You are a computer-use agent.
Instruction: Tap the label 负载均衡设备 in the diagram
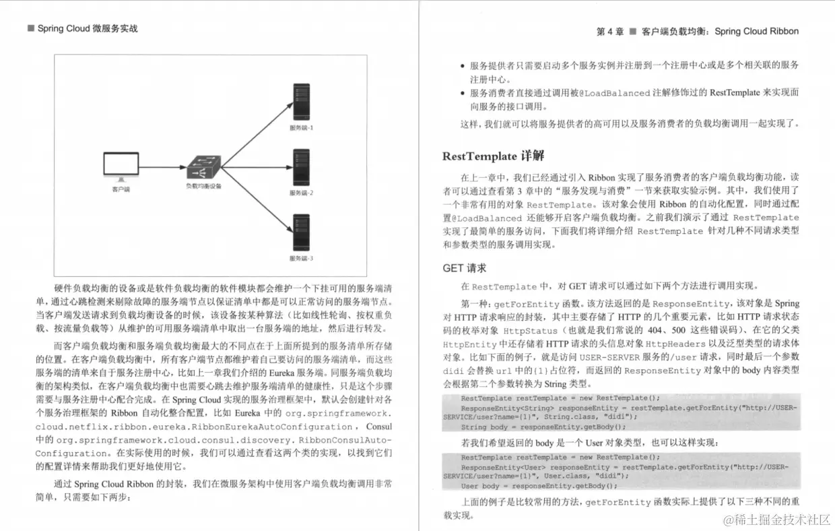203,186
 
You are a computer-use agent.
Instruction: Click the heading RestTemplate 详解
493,156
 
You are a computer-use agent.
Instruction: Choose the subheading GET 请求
465,268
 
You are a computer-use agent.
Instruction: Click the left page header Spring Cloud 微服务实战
87,28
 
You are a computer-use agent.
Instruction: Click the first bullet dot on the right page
462,66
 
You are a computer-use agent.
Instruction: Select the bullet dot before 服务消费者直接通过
462,94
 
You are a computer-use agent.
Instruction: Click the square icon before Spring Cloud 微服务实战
30,28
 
